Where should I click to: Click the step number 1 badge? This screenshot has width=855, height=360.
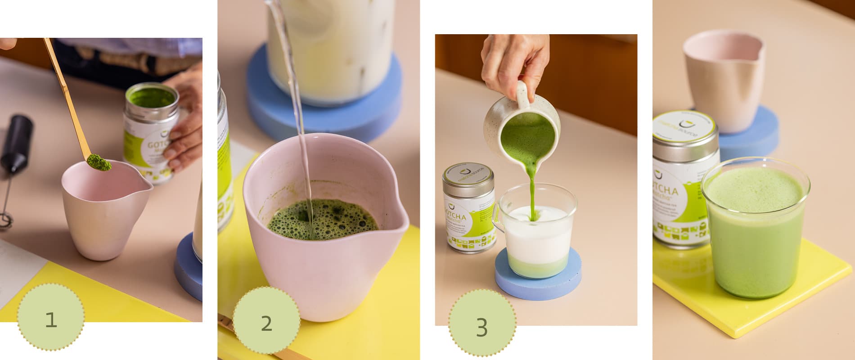pyautogui.click(x=51, y=318)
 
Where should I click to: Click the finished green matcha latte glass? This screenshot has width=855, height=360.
pyautogui.click(x=756, y=229)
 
